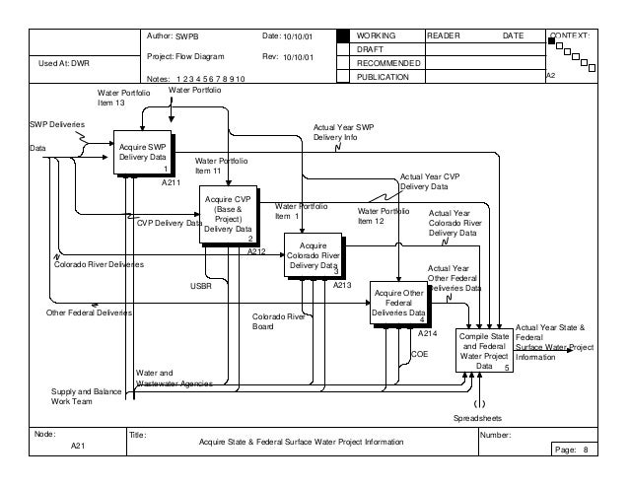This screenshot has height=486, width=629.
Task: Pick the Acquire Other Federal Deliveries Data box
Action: (x=399, y=304)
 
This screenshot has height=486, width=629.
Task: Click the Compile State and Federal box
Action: (x=483, y=351)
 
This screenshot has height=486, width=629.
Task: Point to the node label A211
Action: (x=171, y=183)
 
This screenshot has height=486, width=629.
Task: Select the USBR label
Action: (x=200, y=286)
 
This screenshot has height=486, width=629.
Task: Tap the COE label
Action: (x=419, y=352)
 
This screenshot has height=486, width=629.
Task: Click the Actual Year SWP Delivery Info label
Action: (x=343, y=133)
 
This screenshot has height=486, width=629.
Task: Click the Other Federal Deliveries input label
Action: (x=89, y=312)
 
